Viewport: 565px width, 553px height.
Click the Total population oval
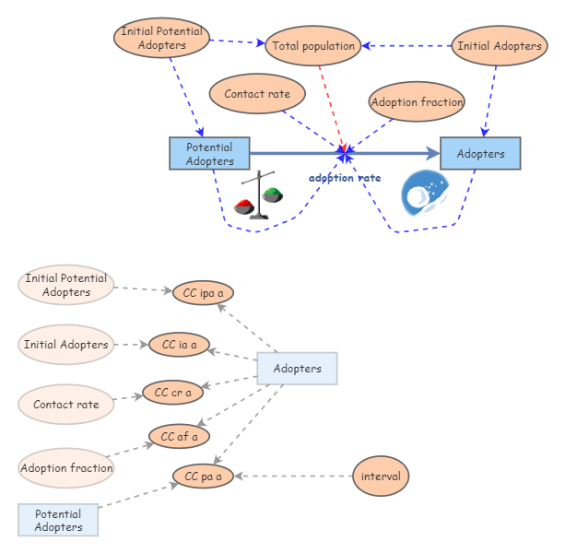pos(312,46)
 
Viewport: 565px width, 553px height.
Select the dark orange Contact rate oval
pos(257,94)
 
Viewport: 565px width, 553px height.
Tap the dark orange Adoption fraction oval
pos(417,102)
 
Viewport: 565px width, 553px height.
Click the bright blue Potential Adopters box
pos(209,154)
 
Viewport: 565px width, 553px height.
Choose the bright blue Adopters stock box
pos(480,154)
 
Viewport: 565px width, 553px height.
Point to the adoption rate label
pos(344,178)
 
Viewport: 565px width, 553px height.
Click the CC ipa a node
pos(203,293)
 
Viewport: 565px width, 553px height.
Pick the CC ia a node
pos(179,345)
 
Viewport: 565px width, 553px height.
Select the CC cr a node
pos(172,393)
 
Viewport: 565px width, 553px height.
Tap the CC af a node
pos(179,436)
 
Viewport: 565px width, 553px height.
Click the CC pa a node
pos(203,477)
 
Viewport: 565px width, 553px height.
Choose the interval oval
pos(381,477)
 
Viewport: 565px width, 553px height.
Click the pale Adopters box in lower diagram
pos(298,369)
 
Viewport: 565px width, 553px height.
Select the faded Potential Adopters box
pos(58,521)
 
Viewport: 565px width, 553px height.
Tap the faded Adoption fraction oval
pos(66,468)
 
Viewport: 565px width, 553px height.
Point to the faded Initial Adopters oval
pos(65,345)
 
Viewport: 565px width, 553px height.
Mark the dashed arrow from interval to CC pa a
pos(295,477)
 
